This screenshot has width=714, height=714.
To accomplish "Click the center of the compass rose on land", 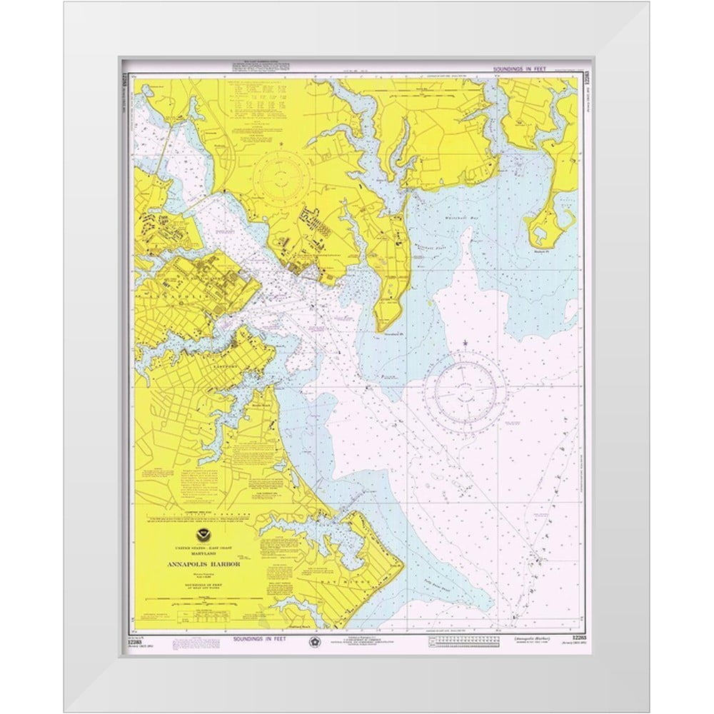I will pyautogui.click(x=283, y=175).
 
